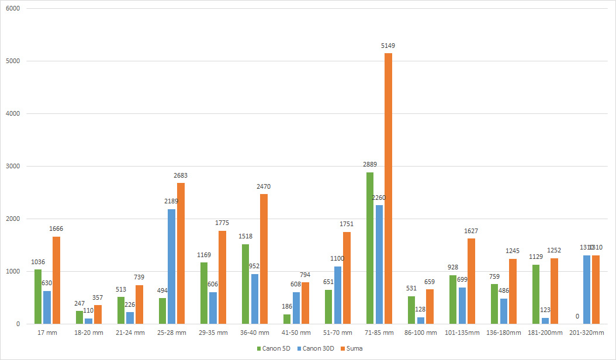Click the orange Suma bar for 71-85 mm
click(388, 188)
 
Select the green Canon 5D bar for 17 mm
click(38, 296)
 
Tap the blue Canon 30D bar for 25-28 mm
click(171, 266)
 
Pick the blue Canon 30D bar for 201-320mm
click(586, 289)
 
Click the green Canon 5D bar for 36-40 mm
click(245, 284)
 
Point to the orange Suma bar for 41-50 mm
click(305, 303)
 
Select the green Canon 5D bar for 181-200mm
click(536, 294)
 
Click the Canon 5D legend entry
click(275, 348)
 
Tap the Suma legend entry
click(359, 348)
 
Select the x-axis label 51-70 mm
click(338, 333)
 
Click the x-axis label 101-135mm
click(462, 333)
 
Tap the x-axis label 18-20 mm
click(89, 333)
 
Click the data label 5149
click(389, 46)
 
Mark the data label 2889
click(370, 165)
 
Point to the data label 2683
click(180, 175)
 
